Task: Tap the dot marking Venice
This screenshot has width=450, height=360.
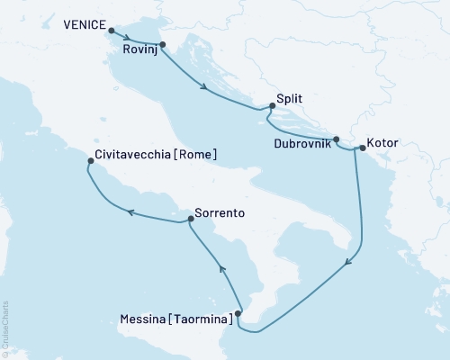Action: (x=112, y=31)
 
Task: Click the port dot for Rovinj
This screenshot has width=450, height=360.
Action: (x=162, y=44)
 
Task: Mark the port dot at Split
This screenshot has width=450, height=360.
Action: (x=272, y=105)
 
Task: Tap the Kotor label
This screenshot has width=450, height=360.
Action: (x=383, y=142)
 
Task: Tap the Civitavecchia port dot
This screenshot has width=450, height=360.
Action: (x=89, y=162)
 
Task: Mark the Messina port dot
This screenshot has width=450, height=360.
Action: (x=238, y=314)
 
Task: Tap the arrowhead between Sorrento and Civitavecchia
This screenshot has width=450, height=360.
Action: (x=130, y=212)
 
